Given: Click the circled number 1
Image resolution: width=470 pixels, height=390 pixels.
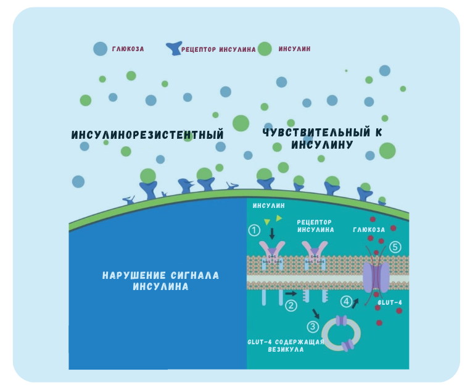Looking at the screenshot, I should pos(253,230).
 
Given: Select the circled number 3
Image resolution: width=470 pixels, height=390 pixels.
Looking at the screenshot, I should pos(313,327).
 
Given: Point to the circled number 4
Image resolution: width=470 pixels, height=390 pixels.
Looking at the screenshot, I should pos(346,302).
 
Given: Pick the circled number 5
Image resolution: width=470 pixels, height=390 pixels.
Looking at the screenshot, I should pos(395,247).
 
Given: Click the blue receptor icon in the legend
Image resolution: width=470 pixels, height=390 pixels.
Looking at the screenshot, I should pos(174,48).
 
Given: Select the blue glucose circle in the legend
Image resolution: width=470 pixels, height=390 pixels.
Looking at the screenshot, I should pos(100,48).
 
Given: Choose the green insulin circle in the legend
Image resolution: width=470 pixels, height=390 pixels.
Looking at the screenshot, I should pos(265,48).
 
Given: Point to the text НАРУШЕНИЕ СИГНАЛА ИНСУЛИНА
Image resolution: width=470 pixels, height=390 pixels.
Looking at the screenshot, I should pos(160,281).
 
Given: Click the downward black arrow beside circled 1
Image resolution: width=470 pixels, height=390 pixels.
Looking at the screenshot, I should pos(272,233).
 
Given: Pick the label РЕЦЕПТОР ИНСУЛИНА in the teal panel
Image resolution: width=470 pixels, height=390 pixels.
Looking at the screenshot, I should pos(315,225).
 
